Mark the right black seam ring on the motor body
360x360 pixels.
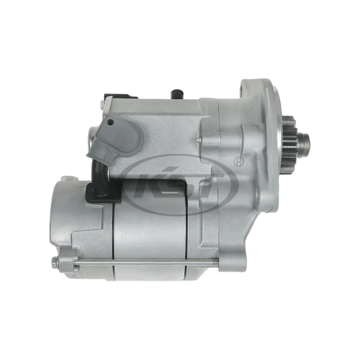(185, 238)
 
